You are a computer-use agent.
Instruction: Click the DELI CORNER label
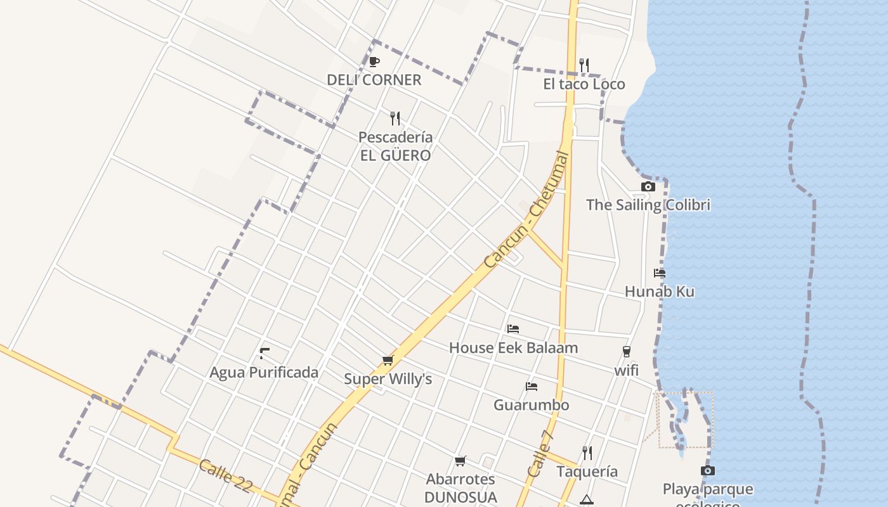374,80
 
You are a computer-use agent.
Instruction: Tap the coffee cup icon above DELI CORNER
374,61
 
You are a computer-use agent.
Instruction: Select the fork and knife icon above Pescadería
395,118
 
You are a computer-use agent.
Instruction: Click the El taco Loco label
584,84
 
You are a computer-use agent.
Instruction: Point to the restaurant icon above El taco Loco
584,65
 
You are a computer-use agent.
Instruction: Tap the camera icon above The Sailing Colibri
648,186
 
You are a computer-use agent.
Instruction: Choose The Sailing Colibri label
648,205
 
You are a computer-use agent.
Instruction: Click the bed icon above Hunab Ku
660,273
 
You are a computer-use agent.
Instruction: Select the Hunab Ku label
660,292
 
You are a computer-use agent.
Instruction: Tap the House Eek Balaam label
513,348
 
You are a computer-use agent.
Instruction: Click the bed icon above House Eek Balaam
513,329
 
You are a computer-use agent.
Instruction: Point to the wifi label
626,370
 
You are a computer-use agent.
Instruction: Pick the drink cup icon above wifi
627,352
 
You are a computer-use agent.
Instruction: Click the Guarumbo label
532,405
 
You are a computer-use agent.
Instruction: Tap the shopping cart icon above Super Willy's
388,360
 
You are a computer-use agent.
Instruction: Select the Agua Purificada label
264,372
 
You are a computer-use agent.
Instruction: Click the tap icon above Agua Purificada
264,353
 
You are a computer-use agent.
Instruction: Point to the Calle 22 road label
226,476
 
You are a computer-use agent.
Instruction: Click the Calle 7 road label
541,454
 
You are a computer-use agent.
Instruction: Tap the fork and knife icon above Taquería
587,452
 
